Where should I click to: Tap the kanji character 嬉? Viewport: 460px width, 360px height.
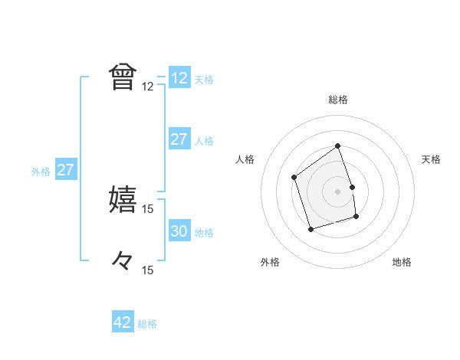pyautogui.click(x=123, y=198)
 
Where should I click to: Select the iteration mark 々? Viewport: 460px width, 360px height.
pyautogui.click(x=123, y=260)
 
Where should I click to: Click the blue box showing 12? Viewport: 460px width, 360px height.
pyautogui.click(x=179, y=78)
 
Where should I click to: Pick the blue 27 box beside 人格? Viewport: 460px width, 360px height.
pyautogui.click(x=179, y=139)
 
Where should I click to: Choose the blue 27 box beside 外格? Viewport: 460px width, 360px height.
pyautogui.click(x=66, y=170)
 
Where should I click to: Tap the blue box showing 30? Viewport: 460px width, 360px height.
pyautogui.click(x=179, y=231)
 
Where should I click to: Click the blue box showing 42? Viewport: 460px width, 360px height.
pyautogui.click(x=123, y=322)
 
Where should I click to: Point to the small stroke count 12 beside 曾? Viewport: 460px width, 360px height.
pyautogui.click(x=148, y=87)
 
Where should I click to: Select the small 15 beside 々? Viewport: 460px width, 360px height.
pyautogui.click(x=148, y=270)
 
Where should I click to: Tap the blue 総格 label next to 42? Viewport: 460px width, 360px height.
pyautogui.click(x=147, y=324)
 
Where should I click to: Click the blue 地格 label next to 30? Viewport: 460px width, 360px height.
pyautogui.click(x=204, y=233)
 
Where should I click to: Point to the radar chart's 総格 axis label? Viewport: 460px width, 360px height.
pyautogui.click(x=337, y=100)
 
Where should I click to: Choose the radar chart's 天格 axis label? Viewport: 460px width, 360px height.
pyautogui.click(x=431, y=159)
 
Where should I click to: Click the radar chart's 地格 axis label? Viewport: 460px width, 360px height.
pyautogui.click(x=402, y=262)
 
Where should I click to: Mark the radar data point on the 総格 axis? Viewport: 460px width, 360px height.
pyautogui.click(x=337, y=146)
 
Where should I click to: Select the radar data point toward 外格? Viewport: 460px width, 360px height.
pyautogui.click(x=310, y=229)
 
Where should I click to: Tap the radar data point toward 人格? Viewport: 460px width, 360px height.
pyautogui.click(x=294, y=178)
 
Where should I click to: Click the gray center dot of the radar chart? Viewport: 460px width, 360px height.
pyautogui.click(x=337, y=191)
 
